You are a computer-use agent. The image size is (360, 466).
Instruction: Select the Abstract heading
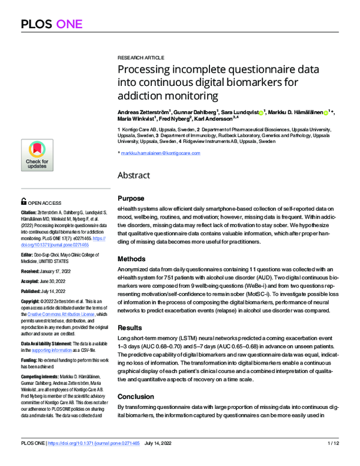[x=134, y=177]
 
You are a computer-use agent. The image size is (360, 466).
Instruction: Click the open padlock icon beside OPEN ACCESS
[x=23, y=202]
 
